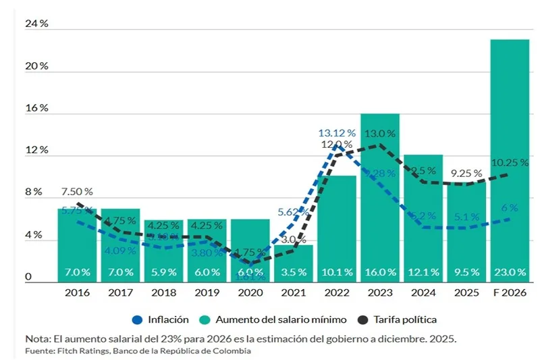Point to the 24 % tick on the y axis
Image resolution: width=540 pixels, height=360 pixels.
coord(36,24)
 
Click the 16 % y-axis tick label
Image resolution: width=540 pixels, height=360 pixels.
coord(36,108)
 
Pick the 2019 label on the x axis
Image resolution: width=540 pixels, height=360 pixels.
coord(207,293)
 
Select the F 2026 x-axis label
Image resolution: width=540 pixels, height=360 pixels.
coord(509,293)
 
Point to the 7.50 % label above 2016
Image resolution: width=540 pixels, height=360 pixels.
coord(76,192)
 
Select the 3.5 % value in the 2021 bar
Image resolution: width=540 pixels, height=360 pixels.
coord(293,272)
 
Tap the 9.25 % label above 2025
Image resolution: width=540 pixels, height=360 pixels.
coord(466,173)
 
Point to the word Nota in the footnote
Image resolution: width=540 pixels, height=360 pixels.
coord(38,338)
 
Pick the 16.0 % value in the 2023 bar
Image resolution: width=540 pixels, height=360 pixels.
coord(379,272)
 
